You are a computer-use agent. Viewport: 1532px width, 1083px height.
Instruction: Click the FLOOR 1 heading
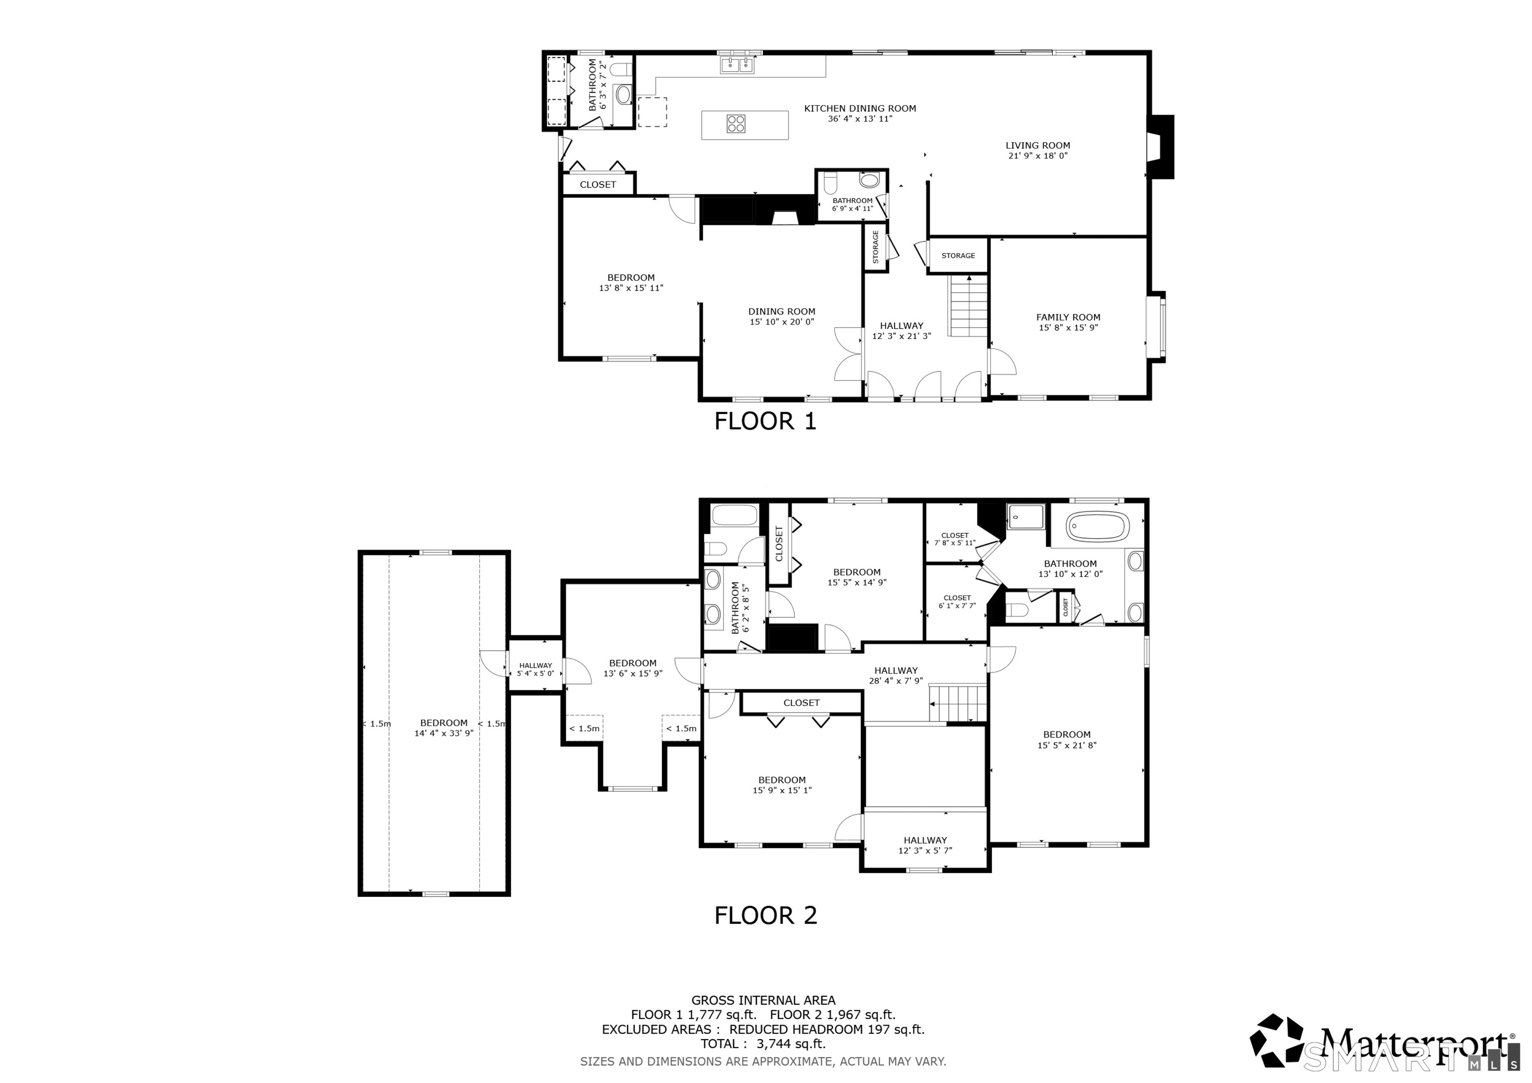click(766, 421)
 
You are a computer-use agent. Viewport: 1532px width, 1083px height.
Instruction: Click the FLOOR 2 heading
click(766, 915)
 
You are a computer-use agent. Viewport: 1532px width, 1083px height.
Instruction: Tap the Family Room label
click(1068, 318)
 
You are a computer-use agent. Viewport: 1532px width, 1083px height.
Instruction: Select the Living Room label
click(1038, 146)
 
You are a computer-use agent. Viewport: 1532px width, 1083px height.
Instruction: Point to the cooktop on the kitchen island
click(736, 124)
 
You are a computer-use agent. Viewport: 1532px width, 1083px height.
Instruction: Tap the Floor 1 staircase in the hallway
click(968, 306)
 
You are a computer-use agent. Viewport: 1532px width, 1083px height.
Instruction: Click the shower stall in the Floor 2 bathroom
click(1025, 517)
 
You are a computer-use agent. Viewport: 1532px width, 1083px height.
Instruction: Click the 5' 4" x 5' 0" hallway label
click(535, 669)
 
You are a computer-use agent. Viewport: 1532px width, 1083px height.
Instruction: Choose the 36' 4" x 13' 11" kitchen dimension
click(860, 119)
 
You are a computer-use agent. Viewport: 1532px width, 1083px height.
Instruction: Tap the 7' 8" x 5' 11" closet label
click(955, 539)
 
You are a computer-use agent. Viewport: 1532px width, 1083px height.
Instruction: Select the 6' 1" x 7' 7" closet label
click(957, 602)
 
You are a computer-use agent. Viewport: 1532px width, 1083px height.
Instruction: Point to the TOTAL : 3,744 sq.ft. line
click(764, 1044)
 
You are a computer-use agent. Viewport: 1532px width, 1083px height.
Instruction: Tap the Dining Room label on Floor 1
click(782, 312)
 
